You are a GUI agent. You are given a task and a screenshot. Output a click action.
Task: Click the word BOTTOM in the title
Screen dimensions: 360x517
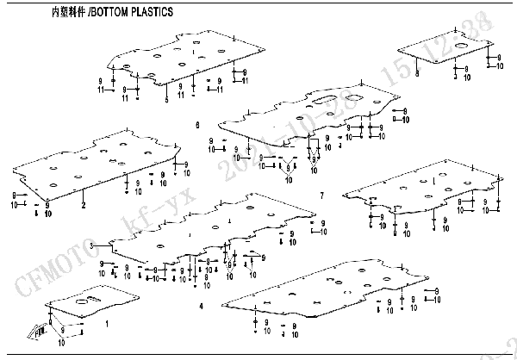point(110,13)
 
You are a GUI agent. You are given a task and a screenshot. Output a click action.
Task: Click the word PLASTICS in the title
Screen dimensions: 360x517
point(153,13)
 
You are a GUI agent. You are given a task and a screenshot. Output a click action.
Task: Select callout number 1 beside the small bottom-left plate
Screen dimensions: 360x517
point(107,325)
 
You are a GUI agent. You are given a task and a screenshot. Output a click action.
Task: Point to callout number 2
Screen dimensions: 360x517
point(84,206)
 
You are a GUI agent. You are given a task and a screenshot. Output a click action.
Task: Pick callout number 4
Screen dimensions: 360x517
point(201,306)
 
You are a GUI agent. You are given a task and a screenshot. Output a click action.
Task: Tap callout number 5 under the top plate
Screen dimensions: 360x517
point(166,100)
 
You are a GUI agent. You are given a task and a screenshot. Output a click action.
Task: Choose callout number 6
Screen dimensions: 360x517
point(197,126)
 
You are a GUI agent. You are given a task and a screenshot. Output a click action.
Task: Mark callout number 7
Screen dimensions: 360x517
point(321,196)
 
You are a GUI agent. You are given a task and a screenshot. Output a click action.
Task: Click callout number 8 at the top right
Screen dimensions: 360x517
point(417,75)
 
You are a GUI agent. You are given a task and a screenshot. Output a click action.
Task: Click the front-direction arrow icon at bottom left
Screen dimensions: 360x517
point(41,329)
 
